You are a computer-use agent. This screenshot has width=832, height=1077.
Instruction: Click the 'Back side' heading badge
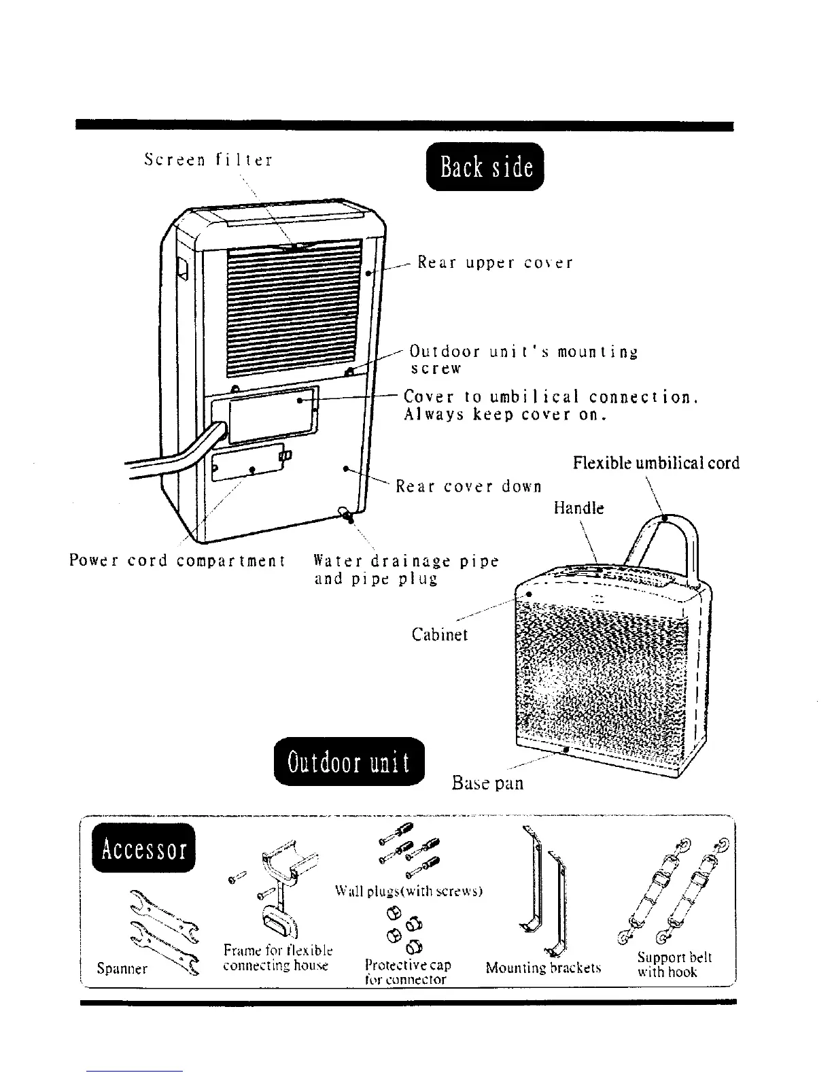[x=485, y=167]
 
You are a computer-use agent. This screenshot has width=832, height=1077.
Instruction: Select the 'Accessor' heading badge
[x=144, y=849]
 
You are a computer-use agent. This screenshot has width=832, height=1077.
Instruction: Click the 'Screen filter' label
[x=208, y=160]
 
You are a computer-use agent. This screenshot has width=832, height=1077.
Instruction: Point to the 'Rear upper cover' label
[x=495, y=262]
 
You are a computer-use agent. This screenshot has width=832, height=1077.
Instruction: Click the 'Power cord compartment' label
[x=177, y=562]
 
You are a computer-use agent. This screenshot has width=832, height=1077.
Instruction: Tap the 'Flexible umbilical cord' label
[x=656, y=463]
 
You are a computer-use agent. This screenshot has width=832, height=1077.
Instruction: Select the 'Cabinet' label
[x=440, y=634]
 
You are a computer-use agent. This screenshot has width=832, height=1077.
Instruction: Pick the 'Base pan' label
[x=487, y=783]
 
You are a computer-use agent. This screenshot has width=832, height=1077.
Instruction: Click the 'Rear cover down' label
[x=469, y=487]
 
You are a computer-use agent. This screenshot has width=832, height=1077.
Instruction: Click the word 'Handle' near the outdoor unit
[x=578, y=508]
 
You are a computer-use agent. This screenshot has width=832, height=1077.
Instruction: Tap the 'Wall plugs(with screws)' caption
[x=409, y=891]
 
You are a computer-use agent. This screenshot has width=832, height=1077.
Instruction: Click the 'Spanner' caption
[x=122, y=968]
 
